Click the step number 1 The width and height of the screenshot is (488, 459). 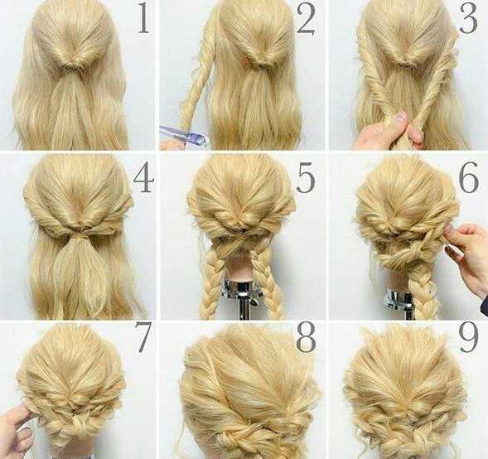(143, 19)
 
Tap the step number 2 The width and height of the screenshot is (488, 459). (306, 19)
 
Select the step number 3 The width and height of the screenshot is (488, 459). (468, 19)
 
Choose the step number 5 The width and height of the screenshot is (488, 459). (306, 177)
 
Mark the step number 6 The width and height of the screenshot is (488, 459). (468, 177)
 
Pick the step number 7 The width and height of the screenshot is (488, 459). (143, 337)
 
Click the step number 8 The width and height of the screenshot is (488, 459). (306, 337)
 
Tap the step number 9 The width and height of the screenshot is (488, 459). (468, 337)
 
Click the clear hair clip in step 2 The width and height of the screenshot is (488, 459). (184, 135)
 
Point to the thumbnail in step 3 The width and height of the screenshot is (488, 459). (401, 118)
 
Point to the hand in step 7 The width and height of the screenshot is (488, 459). (17, 432)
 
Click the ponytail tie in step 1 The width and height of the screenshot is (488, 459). (70, 66)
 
